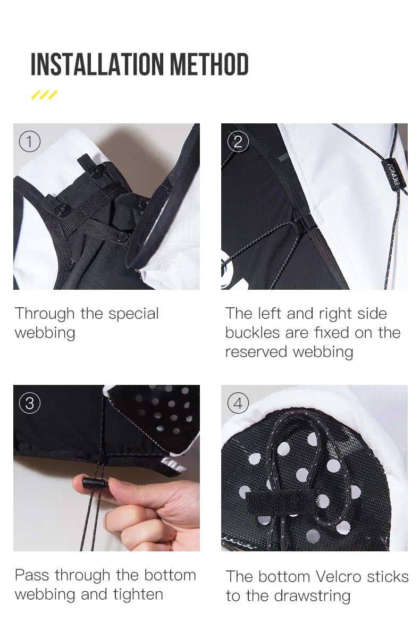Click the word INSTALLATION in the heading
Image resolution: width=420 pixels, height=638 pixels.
[x=97, y=64]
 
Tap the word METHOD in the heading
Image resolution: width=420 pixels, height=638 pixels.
[x=209, y=64]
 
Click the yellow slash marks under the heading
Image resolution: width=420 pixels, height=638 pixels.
[x=44, y=95]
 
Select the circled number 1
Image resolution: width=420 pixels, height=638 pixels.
[x=30, y=141]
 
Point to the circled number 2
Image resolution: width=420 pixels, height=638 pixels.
[x=238, y=141]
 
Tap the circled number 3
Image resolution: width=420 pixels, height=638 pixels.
[x=30, y=404]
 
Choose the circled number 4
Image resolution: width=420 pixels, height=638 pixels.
[x=238, y=404]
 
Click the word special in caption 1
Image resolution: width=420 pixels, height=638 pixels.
[x=133, y=314]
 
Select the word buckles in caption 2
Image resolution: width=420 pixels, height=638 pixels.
[x=253, y=332]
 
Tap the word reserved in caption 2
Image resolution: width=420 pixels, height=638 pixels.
[x=256, y=352]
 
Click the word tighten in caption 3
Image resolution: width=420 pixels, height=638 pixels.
[x=138, y=595]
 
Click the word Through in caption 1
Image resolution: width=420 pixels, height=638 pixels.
[x=45, y=314]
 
